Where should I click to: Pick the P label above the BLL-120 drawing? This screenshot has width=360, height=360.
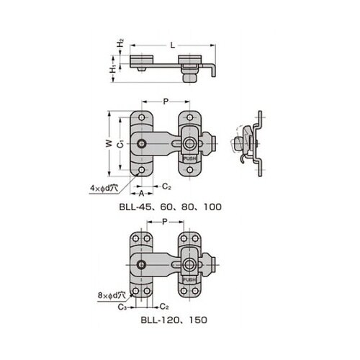(165, 225)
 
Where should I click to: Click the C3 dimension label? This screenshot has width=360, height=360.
(125, 306)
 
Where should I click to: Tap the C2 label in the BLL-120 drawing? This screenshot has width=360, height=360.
(165, 306)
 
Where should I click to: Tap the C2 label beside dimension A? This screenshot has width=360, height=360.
(166, 186)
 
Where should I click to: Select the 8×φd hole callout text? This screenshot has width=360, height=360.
(112, 294)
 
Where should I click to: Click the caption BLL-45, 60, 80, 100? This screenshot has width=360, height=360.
(170, 206)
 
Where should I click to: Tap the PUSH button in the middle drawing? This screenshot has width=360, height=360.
(189, 158)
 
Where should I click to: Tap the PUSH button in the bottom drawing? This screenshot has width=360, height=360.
(189, 276)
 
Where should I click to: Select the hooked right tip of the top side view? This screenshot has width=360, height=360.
(212, 72)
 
